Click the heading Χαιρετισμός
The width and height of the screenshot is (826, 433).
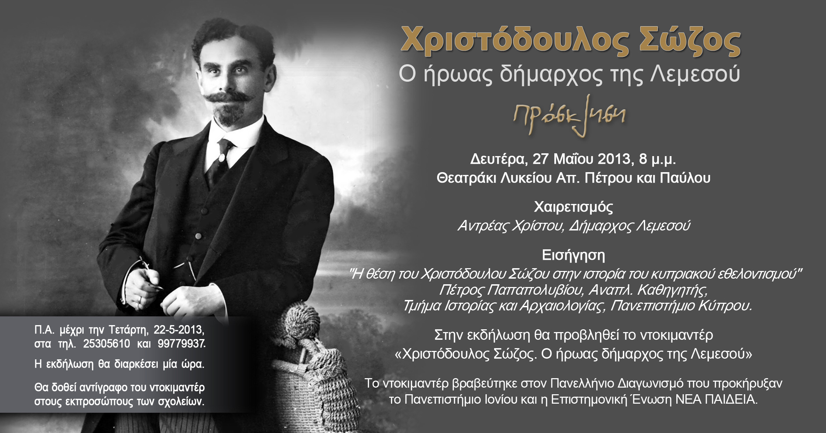574,207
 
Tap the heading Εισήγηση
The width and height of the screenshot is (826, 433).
574,255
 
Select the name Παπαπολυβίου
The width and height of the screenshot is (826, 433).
535,290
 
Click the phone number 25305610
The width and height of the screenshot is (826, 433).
107,344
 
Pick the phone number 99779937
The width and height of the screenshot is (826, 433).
181,344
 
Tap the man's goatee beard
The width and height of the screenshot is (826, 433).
229,115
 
